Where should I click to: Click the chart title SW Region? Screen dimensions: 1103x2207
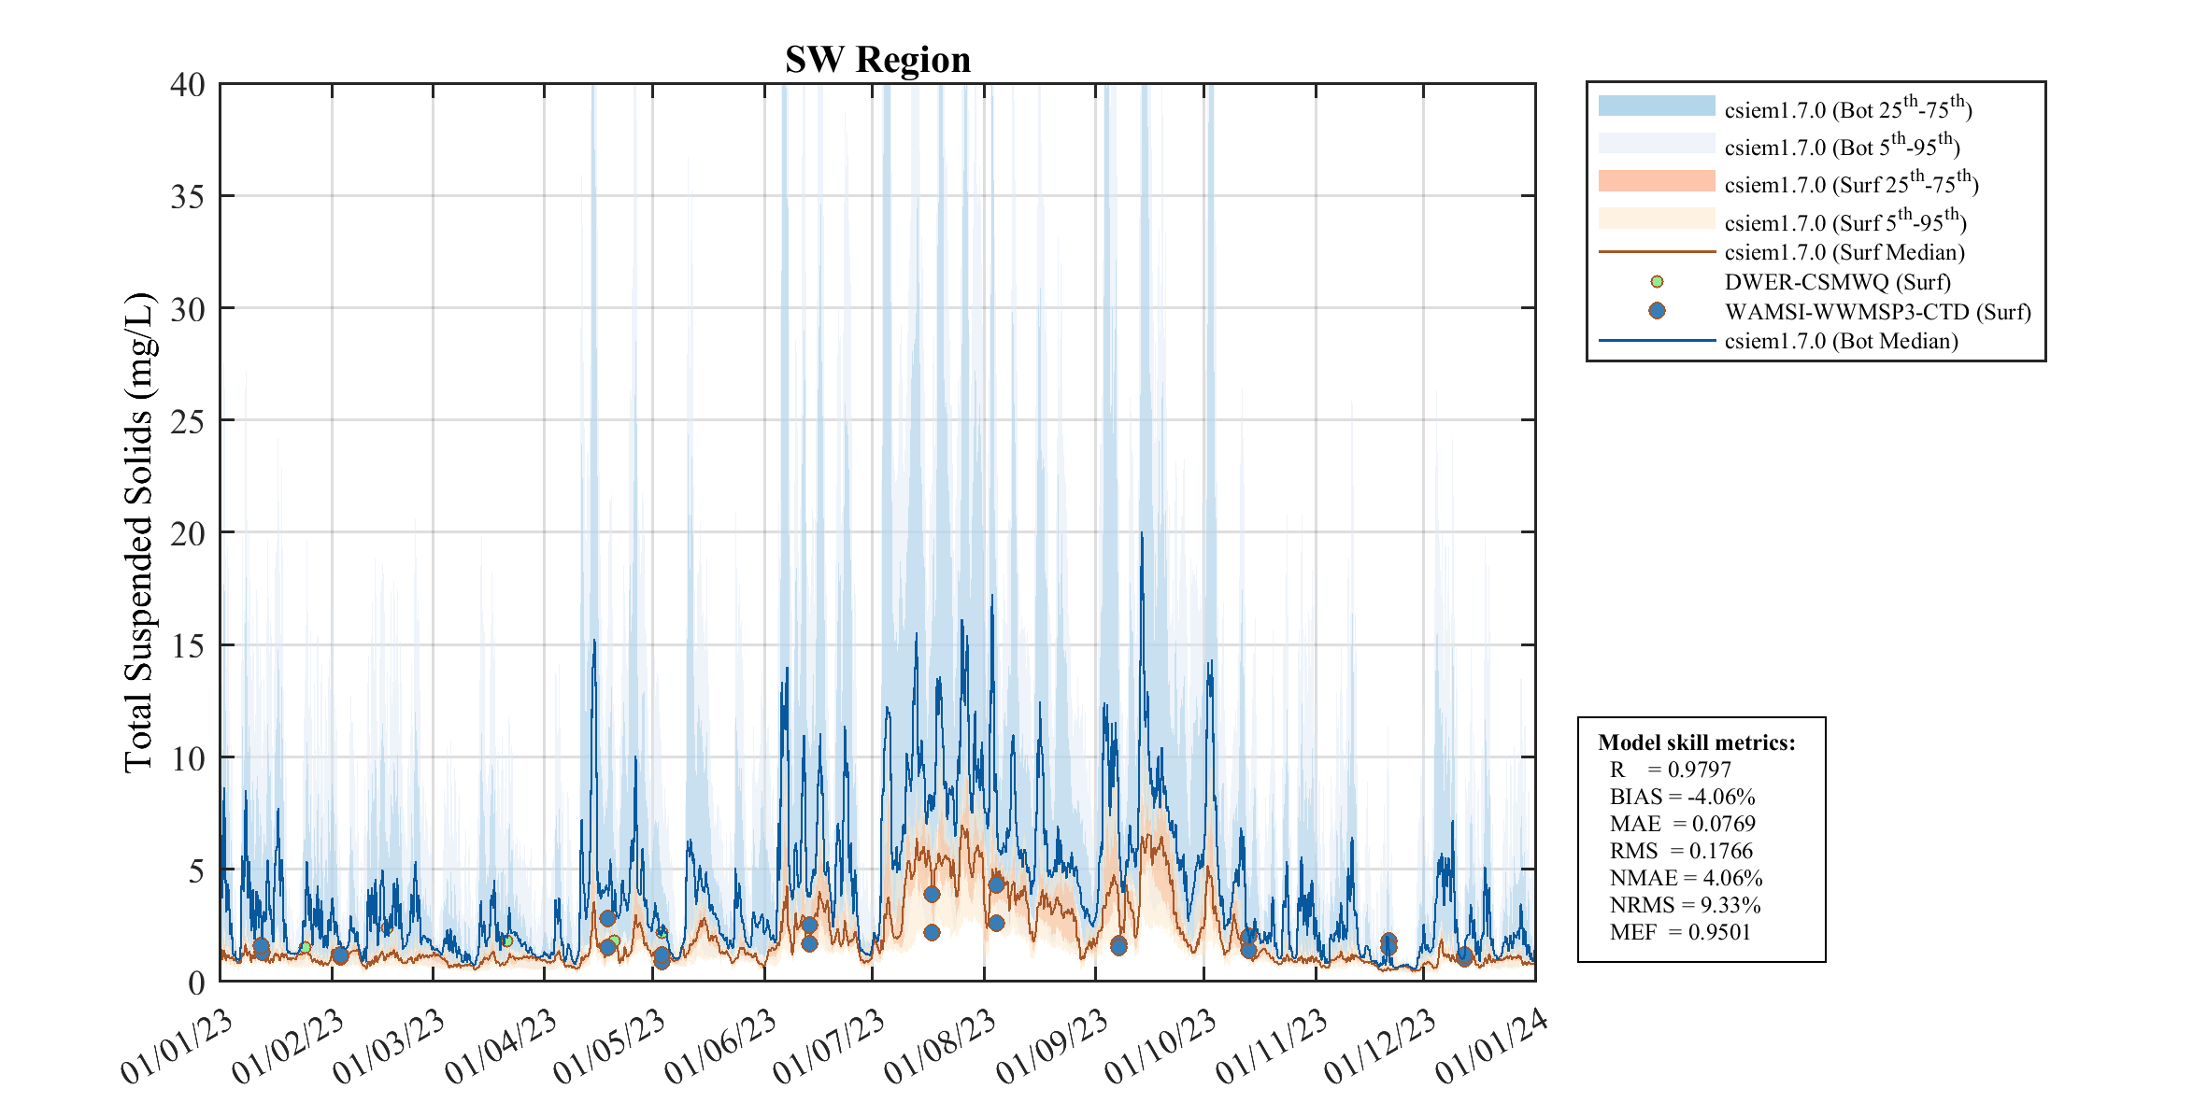[877, 60]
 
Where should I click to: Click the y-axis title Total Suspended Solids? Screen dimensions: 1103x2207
[139, 532]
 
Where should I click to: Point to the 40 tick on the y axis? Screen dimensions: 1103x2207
[188, 85]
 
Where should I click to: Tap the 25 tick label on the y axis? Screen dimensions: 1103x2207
[188, 422]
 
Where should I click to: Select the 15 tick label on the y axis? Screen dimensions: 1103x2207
[188, 646]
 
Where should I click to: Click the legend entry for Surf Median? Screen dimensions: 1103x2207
[1844, 252]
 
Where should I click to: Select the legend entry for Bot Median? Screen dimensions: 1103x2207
[1841, 341]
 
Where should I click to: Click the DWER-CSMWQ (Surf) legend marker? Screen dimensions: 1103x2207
[1657, 281]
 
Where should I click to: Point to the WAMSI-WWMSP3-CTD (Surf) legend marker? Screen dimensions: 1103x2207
[1657, 311]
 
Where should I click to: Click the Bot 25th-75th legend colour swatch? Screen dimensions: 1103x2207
[1657, 106]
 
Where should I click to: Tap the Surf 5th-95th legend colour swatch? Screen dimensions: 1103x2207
[1657, 219]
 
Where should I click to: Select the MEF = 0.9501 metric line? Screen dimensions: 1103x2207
[1679, 932]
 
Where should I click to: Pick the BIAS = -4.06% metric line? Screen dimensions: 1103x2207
[1682, 797]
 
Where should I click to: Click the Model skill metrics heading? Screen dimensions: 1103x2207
[1696, 742]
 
